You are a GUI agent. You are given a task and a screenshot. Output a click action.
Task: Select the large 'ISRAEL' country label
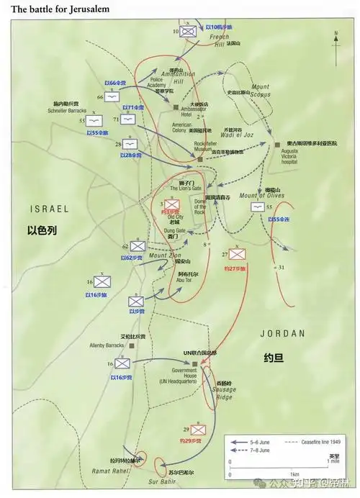pos(49,208)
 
